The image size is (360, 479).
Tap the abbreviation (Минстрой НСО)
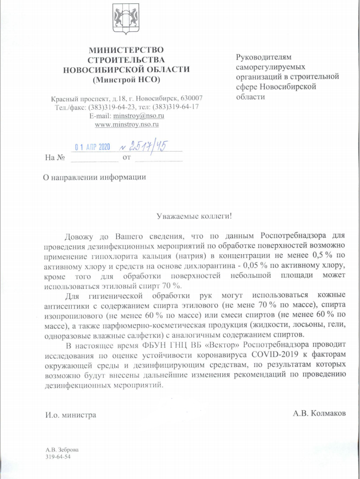(x=125, y=79)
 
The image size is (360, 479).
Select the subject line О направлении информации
(x=95, y=177)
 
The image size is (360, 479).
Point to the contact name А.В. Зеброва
(x=59, y=450)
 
